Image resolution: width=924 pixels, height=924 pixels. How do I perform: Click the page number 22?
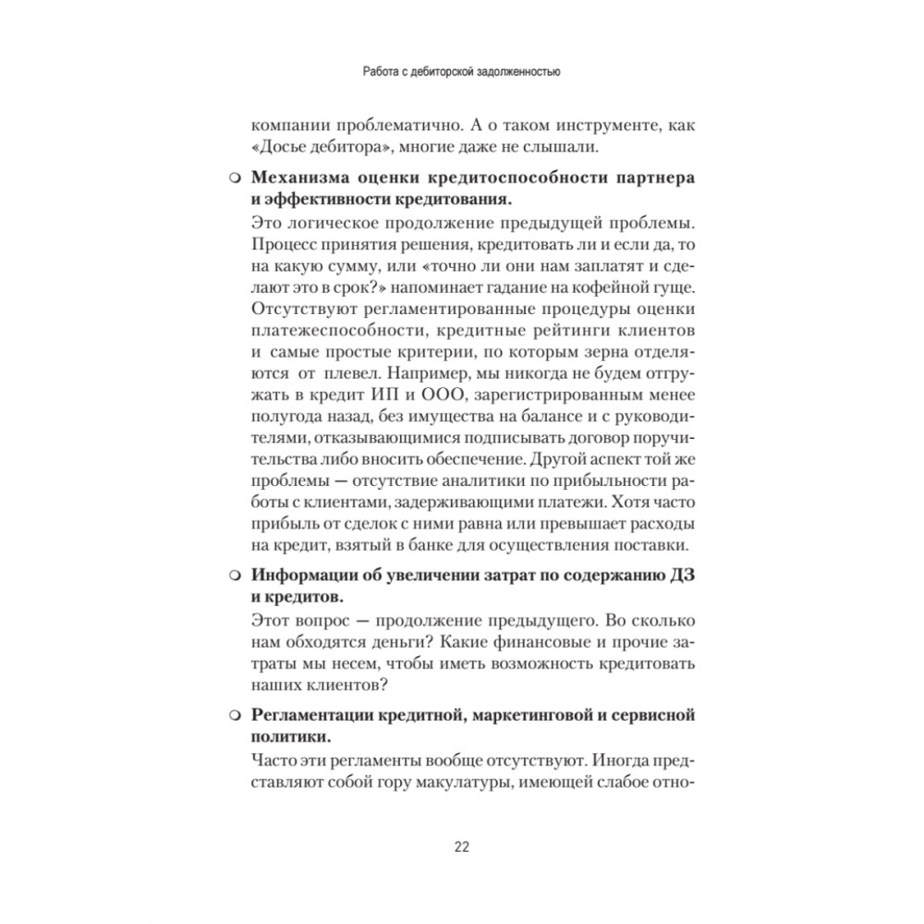tap(462, 847)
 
